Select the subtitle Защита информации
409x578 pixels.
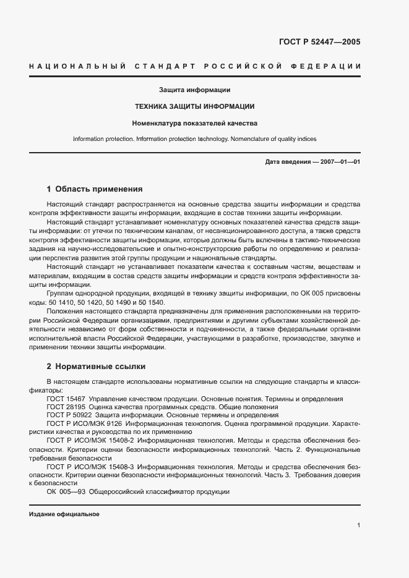(x=194, y=90)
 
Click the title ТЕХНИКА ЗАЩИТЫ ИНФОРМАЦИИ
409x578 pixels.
(x=195, y=106)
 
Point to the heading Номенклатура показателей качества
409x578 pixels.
(x=195, y=122)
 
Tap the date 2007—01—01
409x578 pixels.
(x=339, y=162)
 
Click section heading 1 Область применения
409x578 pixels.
(x=95, y=189)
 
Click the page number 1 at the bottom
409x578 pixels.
(x=359, y=525)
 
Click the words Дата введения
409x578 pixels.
(x=288, y=162)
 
